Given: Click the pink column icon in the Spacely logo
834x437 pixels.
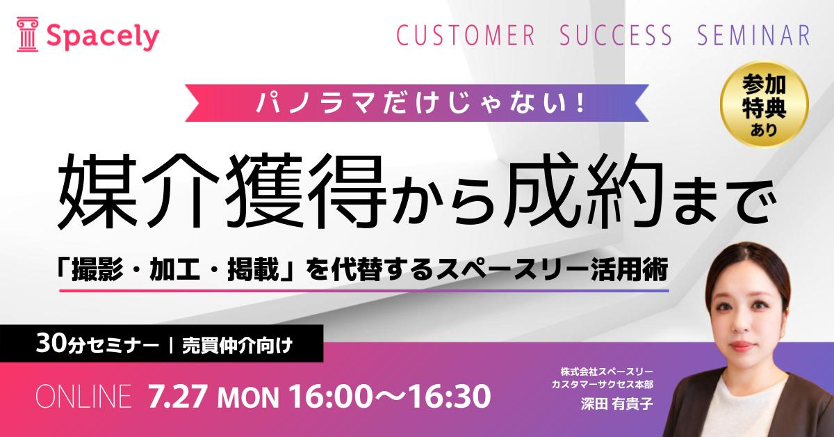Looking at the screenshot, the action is pyautogui.click(x=27, y=34).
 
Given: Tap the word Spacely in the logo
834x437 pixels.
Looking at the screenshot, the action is pyautogui.click(x=103, y=37).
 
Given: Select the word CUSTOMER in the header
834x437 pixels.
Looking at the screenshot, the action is pyautogui.click(x=466, y=35).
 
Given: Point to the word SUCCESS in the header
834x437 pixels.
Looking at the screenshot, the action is pyautogui.click(x=616, y=35).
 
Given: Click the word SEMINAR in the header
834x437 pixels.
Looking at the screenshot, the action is pyautogui.click(x=753, y=35).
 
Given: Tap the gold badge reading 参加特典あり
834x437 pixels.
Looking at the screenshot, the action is pyautogui.click(x=764, y=105).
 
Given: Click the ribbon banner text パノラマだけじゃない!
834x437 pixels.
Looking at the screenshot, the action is pyautogui.click(x=420, y=103).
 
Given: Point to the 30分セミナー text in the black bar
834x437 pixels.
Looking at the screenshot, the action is pyautogui.click(x=97, y=345).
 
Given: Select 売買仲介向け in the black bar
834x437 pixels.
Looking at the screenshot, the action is pyautogui.click(x=237, y=346).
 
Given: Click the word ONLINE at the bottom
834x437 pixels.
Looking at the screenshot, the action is pyautogui.click(x=84, y=397).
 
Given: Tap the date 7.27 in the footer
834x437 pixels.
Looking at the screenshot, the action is pyautogui.click(x=177, y=397).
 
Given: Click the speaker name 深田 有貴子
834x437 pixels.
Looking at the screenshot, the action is pyautogui.click(x=616, y=404).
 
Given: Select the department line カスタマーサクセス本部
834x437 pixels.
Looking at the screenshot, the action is pyautogui.click(x=603, y=384).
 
